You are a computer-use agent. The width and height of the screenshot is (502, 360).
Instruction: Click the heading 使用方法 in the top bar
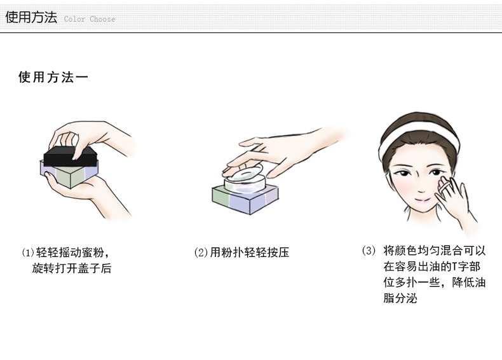click(31, 17)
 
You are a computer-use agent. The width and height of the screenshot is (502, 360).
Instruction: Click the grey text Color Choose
click(90, 19)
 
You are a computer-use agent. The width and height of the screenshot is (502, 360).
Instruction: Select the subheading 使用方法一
click(53, 77)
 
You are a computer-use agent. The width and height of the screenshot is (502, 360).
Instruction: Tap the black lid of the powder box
click(71, 156)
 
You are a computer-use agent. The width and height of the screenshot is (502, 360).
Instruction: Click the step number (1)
click(28, 253)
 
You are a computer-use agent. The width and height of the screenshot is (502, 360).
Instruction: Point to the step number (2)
click(201, 253)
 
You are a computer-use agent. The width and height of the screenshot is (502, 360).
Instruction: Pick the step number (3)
click(369, 251)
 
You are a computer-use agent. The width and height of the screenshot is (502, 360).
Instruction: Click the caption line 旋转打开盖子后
click(71, 268)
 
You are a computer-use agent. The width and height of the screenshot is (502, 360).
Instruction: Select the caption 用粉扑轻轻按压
click(250, 253)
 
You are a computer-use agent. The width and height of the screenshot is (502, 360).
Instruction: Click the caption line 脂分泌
click(400, 298)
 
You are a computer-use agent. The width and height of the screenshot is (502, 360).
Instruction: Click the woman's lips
click(423, 200)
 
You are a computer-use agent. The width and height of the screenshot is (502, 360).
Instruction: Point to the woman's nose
click(421, 186)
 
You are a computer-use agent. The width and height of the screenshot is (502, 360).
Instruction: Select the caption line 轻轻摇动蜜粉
click(70, 253)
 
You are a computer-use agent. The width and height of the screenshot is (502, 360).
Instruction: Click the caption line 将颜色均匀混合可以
click(435, 251)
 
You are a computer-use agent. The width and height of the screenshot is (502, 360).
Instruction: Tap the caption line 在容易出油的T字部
click(431, 267)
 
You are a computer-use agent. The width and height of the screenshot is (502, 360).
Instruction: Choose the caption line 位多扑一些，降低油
click(435, 282)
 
